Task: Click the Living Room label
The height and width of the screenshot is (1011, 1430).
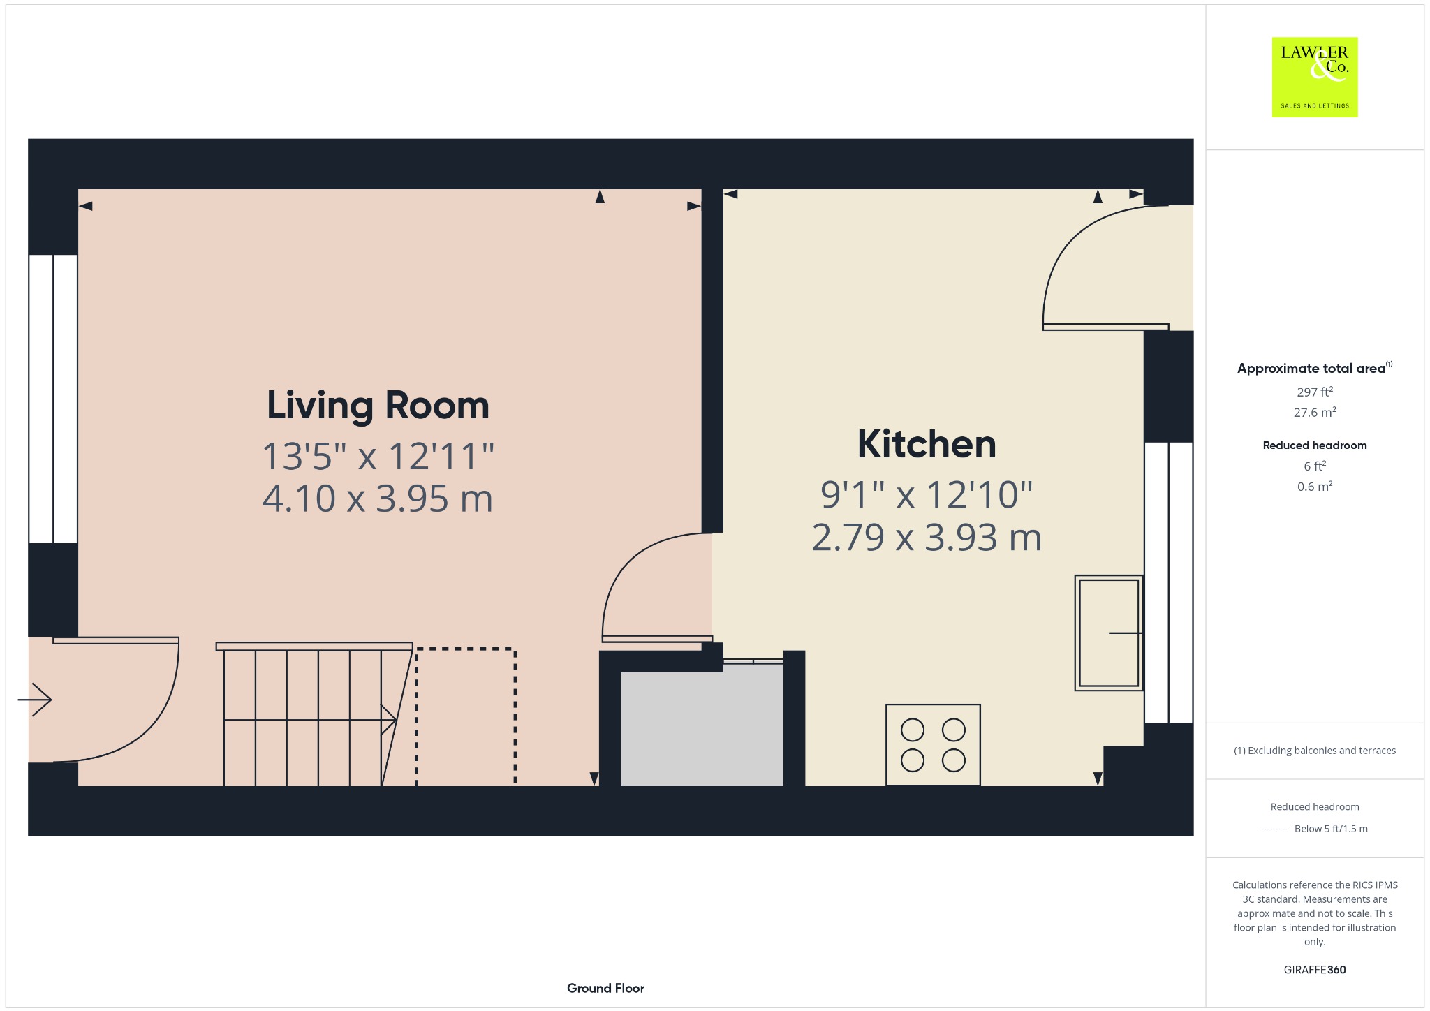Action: (378, 406)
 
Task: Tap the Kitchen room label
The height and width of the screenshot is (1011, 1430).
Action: (927, 444)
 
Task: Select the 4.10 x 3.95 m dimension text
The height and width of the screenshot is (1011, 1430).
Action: (378, 499)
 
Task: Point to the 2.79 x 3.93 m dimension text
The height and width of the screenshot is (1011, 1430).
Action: (927, 538)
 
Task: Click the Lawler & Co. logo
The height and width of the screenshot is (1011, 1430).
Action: (1315, 77)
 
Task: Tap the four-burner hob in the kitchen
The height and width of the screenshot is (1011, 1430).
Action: (933, 745)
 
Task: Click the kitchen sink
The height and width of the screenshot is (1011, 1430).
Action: (1109, 633)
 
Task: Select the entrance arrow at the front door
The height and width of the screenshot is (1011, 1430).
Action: (35, 700)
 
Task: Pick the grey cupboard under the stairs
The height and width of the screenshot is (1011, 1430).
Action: (702, 729)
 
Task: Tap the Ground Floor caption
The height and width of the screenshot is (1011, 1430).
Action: (605, 988)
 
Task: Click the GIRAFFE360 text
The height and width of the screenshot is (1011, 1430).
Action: (1315, 969)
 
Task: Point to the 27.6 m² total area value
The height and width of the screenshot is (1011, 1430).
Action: (1315, 412)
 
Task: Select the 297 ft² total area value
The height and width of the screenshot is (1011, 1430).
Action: (1315, 392)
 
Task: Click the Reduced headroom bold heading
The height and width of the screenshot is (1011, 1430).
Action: (1315, 445)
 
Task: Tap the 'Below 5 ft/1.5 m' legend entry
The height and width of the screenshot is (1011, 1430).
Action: (1331, 829)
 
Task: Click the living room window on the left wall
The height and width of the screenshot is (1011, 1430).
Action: (53, 399)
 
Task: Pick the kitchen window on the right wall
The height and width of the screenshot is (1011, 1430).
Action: (1169, 582)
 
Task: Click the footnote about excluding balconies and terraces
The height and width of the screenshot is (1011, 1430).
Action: (1315, 751)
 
